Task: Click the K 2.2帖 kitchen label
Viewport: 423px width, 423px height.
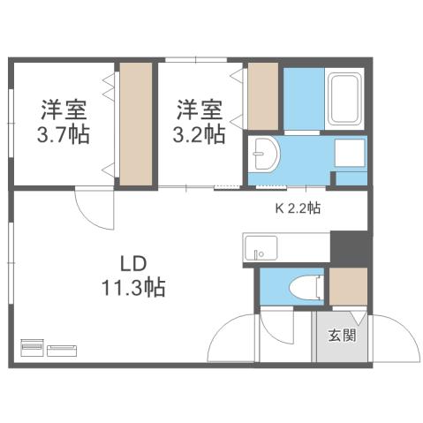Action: coord(296,209)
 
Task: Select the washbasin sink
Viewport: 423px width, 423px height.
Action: coord(262,158)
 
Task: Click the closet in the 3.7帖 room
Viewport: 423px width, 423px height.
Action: coord(137,123)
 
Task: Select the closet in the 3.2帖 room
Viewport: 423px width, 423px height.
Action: coord(263,95)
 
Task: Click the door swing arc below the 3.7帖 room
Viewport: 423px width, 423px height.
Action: coord(94,208)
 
